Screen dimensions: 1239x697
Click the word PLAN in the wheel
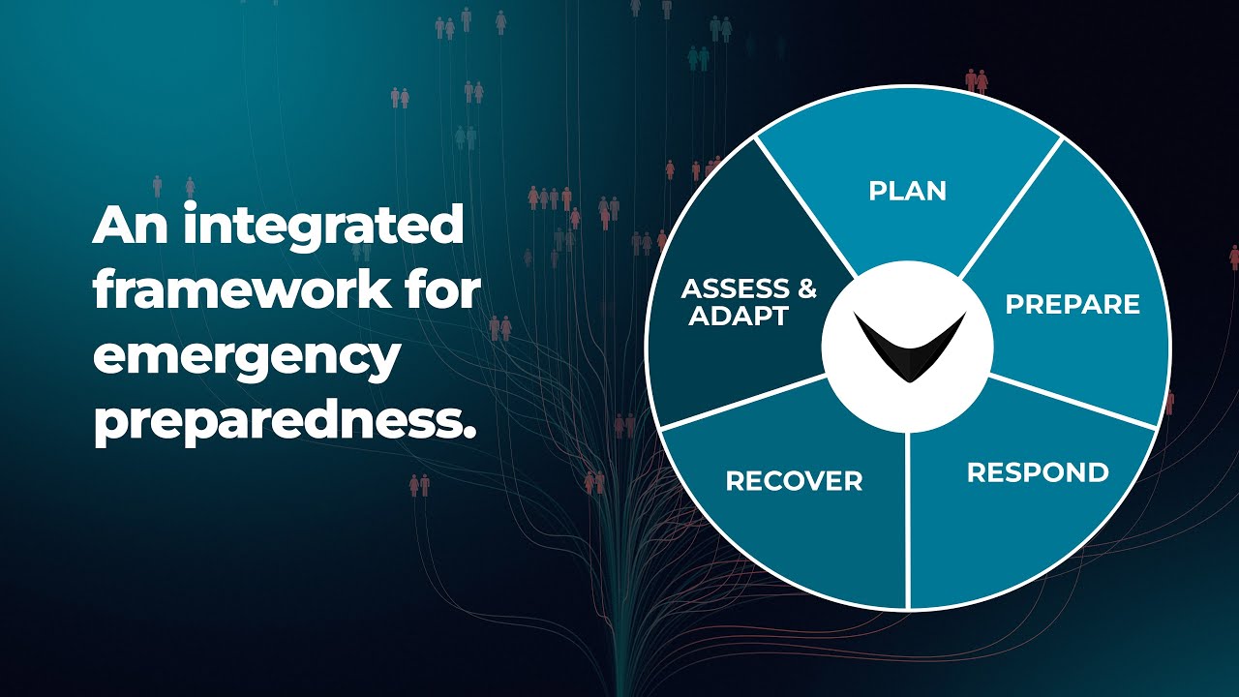click(907, 191)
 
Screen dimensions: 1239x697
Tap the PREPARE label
click(1073, 304)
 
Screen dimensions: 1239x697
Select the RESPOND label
click(1038, 472)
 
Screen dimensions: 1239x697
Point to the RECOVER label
click(794, 481)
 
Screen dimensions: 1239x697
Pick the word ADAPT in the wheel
click(739, 316)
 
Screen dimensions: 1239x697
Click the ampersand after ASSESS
click(806, 288)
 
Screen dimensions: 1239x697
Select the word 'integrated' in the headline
click(323, 227)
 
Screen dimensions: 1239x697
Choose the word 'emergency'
click(246, 357)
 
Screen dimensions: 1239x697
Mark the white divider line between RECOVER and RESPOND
click(908, 520)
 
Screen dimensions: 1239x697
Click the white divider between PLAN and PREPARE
click(1012, 207)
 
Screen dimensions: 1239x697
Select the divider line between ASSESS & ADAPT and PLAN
click(805, 207)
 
